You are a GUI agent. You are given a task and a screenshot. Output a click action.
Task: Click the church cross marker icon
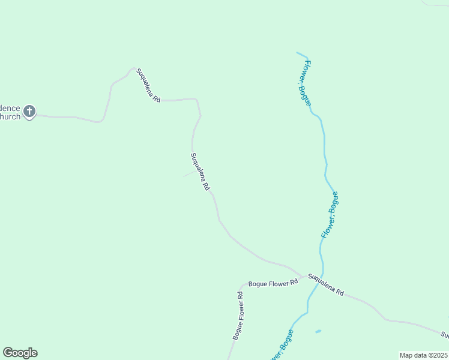[29, 111]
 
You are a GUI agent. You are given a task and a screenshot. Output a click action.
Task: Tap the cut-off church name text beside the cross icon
[10, 112]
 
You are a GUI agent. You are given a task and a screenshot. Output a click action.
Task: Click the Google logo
[20, 353]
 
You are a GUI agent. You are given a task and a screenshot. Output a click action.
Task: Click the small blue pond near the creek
[318, 331]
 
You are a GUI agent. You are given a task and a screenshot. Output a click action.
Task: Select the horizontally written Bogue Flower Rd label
[273, 283]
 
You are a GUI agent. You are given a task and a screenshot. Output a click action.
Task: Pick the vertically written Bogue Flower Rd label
[238, 316]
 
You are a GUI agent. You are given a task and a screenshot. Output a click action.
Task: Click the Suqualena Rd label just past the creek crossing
[326, 284]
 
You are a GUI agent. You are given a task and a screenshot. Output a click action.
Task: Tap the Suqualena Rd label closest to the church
[148, 85]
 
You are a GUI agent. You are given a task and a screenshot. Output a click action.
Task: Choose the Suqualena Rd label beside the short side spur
[200, 172]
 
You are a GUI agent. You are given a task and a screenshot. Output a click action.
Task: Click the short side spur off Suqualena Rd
[188, 174]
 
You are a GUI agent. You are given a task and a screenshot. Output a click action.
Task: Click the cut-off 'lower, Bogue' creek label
[281, 347]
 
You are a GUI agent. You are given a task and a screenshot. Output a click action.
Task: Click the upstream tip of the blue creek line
[297, 52]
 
